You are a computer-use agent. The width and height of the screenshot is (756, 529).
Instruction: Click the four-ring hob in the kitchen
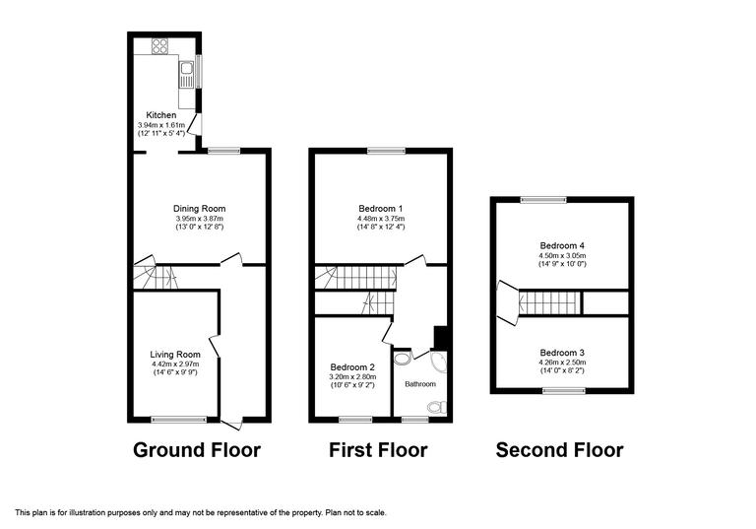pyautogui.click(x=158, y=46)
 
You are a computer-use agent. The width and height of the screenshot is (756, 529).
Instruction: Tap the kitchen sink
pyautogui.click(x=185, y=71)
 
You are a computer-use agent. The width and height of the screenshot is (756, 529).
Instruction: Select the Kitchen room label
pyautogui.click(x=161, y=115)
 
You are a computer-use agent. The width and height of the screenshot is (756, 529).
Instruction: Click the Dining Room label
pyautogui.click(x=200, y=209)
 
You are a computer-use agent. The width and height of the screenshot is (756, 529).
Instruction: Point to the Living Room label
pyautogui.click(x=175, y=355)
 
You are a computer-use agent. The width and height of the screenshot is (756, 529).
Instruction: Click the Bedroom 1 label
pyautogui.click(x=380, y=209)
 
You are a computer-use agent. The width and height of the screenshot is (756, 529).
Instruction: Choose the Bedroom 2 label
pyautogui.click(x=352, y=366)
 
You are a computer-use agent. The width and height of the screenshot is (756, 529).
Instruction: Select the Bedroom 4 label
pyautogui.click(x=562, y=245)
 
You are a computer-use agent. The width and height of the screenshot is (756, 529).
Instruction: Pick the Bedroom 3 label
pyautogui.click(x=562, y=352)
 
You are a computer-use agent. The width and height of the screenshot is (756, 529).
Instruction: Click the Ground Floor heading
pyautogui.click(x=197, y=450)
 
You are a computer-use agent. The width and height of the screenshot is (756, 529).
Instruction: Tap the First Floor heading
pyautogui.click(x=380, y=450)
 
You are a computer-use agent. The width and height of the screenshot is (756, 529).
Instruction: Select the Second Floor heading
pyautogui.click(x=559, y=450)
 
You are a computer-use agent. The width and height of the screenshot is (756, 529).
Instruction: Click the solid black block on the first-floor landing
pyautogui.click(x=440, y=338)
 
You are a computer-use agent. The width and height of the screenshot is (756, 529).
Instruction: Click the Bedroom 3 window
pyautogui.click(x=562, y=390)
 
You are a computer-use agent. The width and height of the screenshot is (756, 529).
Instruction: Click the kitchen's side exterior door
pyautogui.click(x=198, y=123)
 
